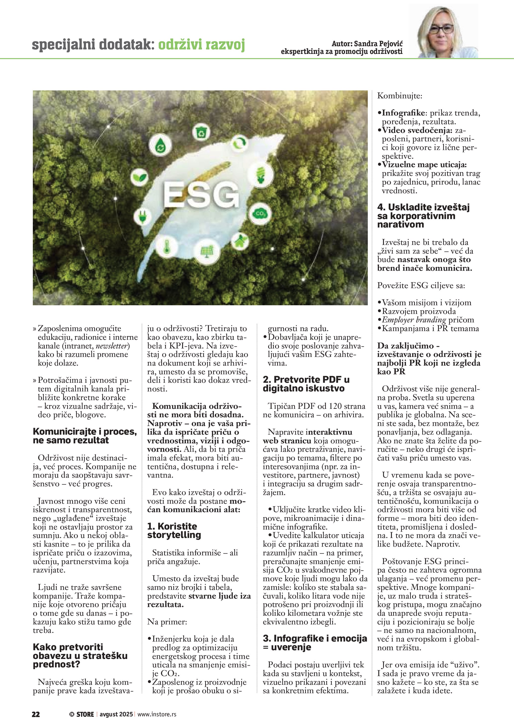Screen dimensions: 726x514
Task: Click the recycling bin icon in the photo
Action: click(x=201, y=133)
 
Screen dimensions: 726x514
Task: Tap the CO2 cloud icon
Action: click(x=261, y=214)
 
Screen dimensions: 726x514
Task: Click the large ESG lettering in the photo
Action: click(x=201, y=195)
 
